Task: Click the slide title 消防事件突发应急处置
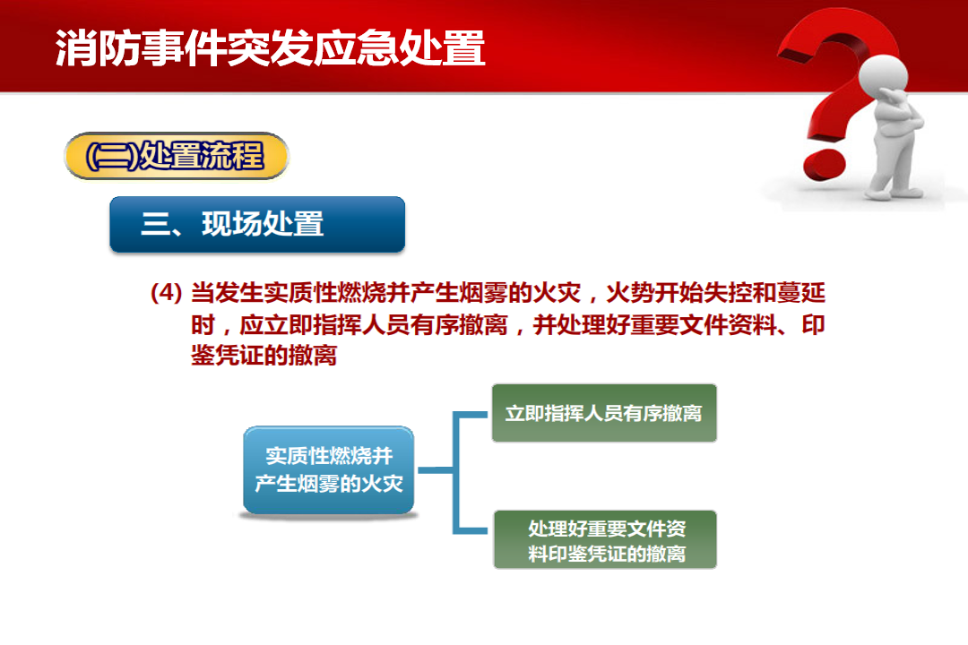coord(271,47)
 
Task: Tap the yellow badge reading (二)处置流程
coord(177,156)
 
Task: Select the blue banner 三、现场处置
coord(257,224)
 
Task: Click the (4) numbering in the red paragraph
coord(166,293)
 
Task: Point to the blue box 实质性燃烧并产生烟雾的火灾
coord(328,469)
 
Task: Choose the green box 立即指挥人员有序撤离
coord(604,413)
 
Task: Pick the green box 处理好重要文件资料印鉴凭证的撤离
coord(605,539)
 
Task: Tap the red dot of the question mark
coord(825,165)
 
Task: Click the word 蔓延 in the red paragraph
coord(800,293)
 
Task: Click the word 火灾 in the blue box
coord(382,483)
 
